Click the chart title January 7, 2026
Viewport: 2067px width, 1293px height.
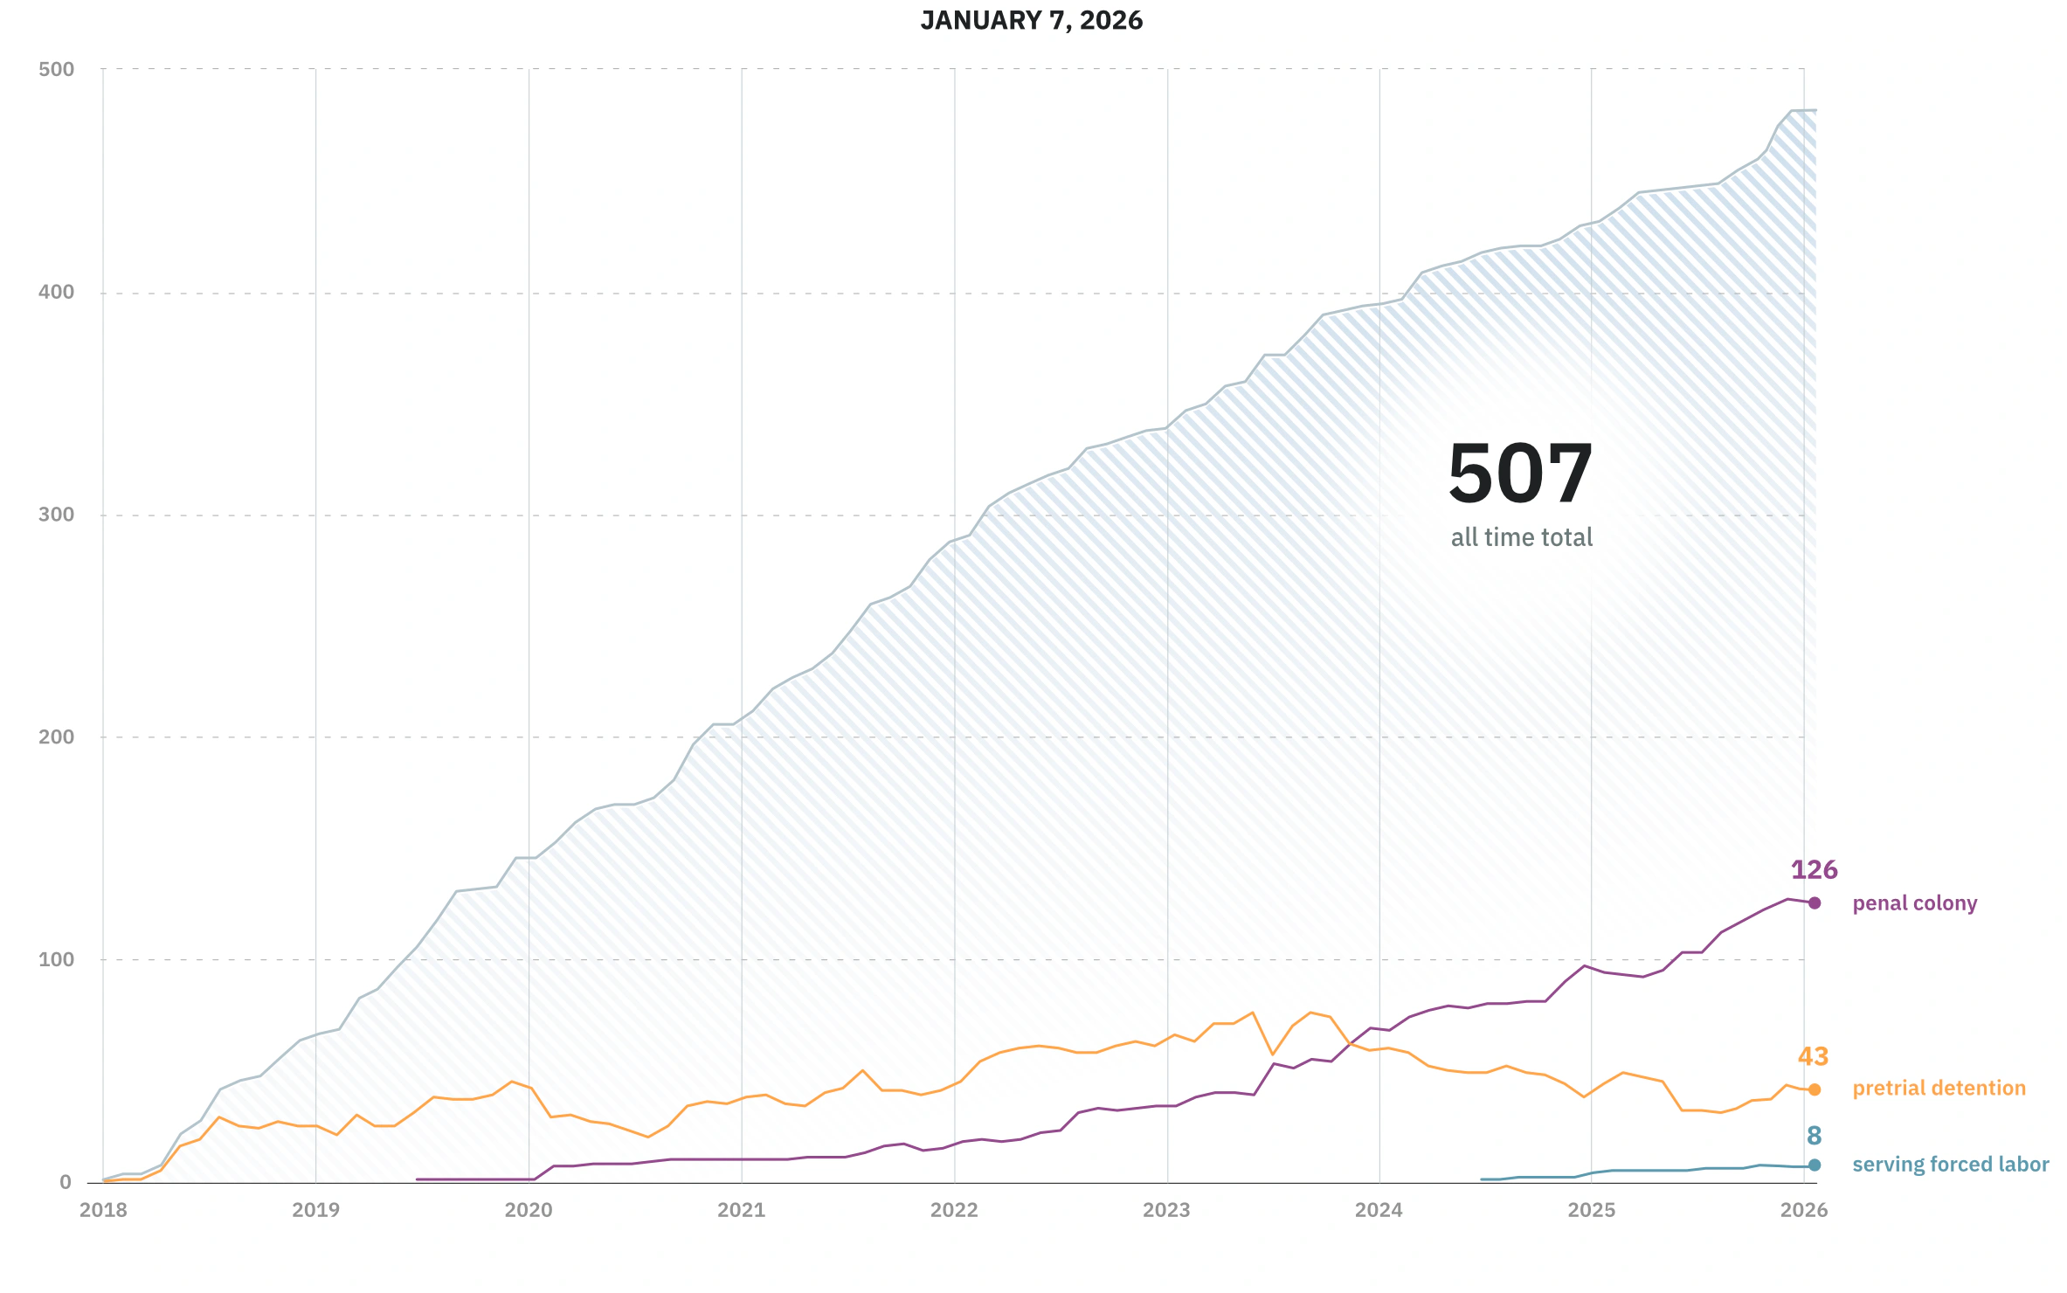[x=1031, y=20]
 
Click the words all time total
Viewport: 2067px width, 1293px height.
[x=1521, y=537]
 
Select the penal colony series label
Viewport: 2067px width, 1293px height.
[x=1914, y=903]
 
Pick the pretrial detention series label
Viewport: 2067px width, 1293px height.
[x=1939, y=1089]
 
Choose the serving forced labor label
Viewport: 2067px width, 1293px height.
[x=1950, y=1165]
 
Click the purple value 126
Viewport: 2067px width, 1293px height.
[x=1814, y=870]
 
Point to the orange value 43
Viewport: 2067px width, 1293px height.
[x=1813, y=1057]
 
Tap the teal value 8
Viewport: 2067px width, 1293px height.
[x=1814, y=1136]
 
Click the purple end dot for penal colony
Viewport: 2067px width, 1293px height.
[x=1815, y=903]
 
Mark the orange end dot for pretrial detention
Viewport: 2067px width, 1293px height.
[x=1815, y=1089]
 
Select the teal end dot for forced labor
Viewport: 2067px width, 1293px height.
[x=1815, y=1165]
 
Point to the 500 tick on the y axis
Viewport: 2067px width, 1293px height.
[x=57, y=69]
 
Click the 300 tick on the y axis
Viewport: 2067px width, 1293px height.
[x=57, y=515]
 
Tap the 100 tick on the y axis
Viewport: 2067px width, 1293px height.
[x=57, y=959]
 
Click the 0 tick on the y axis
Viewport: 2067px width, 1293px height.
[x=66, y=1182]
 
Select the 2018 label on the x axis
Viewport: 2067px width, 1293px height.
[x=103, y=1210]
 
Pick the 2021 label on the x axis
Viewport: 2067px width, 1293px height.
[x=741, y=1210]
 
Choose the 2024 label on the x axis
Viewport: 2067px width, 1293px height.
[x=1379, y=1210]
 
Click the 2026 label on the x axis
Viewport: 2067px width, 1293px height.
[x=1804, y=1210]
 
